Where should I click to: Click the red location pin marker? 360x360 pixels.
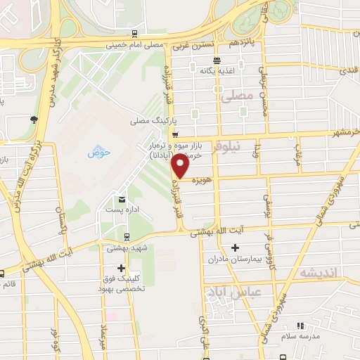tap(181, 167)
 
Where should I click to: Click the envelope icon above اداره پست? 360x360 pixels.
tap(122, 199)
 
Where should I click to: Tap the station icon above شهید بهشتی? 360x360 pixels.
tap(126, 237)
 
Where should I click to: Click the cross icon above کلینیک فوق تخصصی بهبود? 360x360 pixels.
tap(122, 268)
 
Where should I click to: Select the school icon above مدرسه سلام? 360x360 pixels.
tap(300, 326)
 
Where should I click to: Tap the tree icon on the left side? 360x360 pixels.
tap(33, 119)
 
